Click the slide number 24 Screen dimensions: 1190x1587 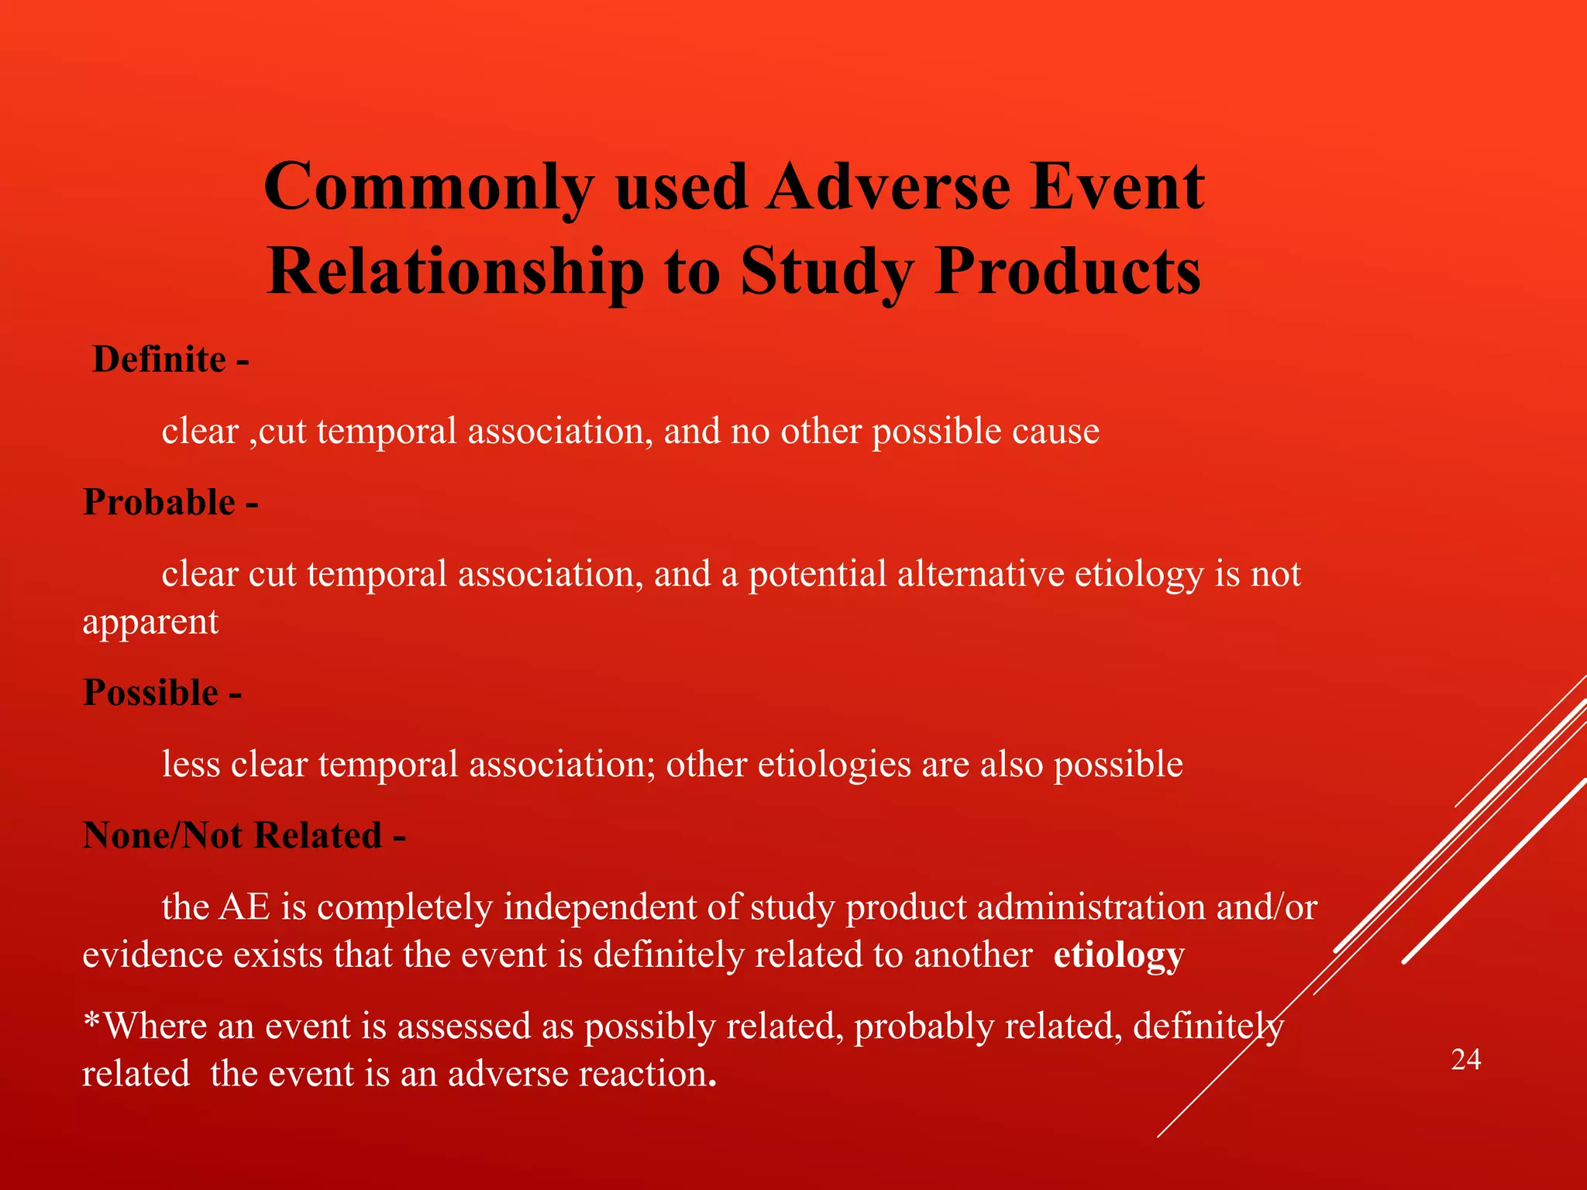tap(1465, 1059)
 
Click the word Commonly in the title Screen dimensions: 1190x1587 tap(429, 187)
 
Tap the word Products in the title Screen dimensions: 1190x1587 tap(1067, 271)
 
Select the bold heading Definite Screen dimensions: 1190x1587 tap(159, 359)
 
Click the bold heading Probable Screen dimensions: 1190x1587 tap(159, 502)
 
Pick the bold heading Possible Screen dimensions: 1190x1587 tap(151, 692)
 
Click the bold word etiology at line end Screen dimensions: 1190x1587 tap(1118, 955)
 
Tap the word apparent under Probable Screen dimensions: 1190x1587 tap(150, 622)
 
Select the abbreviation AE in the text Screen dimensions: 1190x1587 tap(245, 907)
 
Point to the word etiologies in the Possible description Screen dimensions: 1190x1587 tap(834, 765)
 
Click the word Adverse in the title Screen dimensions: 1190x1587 tap(888, 187)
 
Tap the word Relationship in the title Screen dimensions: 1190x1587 tap(456, 271)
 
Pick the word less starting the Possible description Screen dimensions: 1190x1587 tap(191, 765)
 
